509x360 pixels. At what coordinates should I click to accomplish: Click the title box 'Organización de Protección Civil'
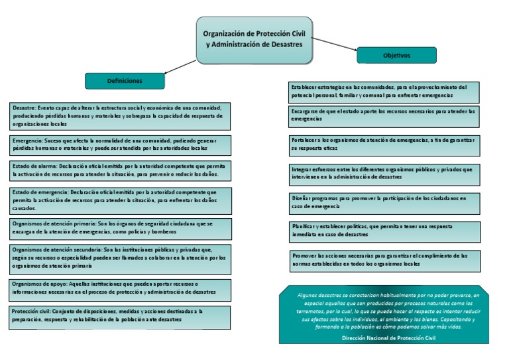pos(254,40)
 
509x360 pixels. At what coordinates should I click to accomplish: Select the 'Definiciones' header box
pos(125,81)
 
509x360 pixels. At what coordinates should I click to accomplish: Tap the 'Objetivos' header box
pos(396,56)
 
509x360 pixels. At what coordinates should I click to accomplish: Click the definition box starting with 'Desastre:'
pos(121,115)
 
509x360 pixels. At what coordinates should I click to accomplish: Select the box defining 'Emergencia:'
pos(121,145)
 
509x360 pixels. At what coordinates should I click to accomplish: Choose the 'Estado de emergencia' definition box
pos(121,200)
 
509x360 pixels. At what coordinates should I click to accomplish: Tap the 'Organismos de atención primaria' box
pos(121,229)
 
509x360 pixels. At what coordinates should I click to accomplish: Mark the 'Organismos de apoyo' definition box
pos(121,288)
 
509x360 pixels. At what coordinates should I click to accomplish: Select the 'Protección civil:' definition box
pos(121,316)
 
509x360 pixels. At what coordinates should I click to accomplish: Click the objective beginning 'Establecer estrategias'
pos(384,91)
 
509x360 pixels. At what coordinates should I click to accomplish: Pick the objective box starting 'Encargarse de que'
pos(384,116)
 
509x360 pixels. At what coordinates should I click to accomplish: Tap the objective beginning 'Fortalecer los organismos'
pos(384,145)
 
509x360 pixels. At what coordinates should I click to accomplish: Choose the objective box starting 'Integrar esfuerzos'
pos(384,174)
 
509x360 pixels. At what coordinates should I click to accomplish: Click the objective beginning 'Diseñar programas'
pos(384,202)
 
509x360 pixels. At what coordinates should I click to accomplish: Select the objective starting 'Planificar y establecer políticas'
pos(384,231)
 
